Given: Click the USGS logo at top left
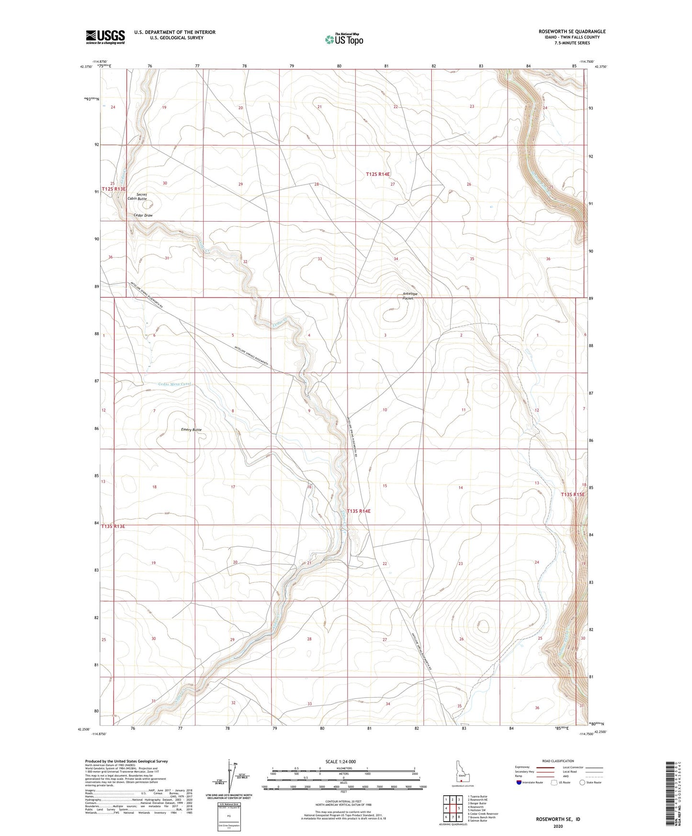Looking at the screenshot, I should pyautogui.click(x=105, y=36).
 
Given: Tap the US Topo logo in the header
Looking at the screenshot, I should pyautogui.click(x=343, y=39).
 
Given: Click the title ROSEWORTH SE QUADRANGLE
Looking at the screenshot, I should pyautogui.click(x=572, y=32).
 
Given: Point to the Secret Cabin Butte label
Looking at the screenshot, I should pyautogui.click(x=137, y=196).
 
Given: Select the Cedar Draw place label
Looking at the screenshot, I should pyautogui.click(x=143, y=215).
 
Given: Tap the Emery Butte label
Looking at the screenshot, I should pyautogui.click(x=191, y=429).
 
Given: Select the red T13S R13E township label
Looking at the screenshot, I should pyautogui.click(x=113, y=526).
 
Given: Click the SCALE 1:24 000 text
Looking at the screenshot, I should pyautogui.click(x=340, y=762).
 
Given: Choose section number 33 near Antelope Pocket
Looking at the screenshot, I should pyautogui.click(x=319, y=259).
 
